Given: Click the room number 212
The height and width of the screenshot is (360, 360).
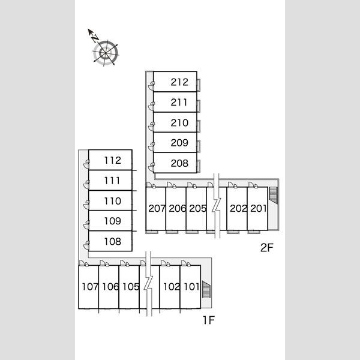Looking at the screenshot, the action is pos(179,82).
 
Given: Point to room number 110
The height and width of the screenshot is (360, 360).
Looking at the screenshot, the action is pos(113,201).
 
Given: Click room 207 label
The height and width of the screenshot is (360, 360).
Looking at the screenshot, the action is pos(157,208).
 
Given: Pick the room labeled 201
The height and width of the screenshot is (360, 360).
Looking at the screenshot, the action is pos(258,208).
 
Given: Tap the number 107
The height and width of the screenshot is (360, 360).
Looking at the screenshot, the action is pos(90,287).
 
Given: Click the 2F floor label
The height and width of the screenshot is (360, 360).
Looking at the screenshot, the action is pos(267,247).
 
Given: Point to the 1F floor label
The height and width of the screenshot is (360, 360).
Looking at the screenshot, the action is pos(208,320).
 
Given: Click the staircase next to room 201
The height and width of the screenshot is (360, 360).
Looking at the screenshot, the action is pos(273,196).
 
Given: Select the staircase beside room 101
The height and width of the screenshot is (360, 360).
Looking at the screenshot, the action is pos(206,290).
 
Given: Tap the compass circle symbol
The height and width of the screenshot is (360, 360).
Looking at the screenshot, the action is pos(106,53).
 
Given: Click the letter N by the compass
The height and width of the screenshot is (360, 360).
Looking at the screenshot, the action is pos(95,38).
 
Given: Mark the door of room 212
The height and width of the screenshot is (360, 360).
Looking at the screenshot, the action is pos(151,85).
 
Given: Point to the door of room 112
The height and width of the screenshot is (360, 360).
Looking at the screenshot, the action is pos(86,164).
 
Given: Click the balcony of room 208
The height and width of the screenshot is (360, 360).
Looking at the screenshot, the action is pos(199,166).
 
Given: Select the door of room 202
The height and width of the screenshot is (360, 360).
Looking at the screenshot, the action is pos(233,185).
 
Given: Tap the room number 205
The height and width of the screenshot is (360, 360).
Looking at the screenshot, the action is pos(197,208).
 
